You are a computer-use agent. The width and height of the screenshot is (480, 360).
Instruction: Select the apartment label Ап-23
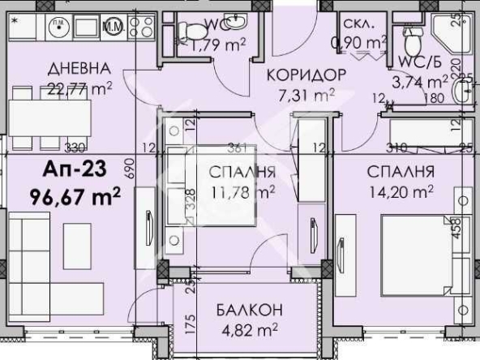click(71, 171)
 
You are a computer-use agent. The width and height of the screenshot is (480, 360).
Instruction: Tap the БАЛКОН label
click(249, 310)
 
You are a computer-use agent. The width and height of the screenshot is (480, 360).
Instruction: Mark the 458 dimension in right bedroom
click(456, 229)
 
